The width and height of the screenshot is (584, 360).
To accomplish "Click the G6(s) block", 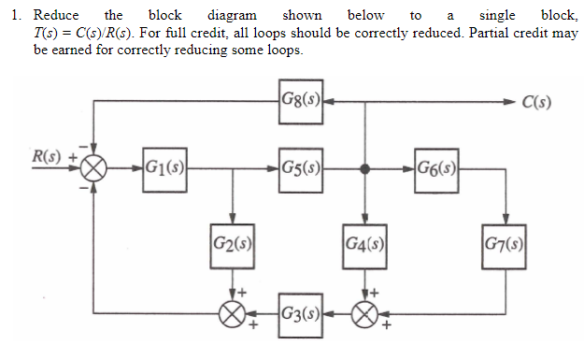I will [x=435, y=170].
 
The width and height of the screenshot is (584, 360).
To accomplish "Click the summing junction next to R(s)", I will [x=93, y=170].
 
